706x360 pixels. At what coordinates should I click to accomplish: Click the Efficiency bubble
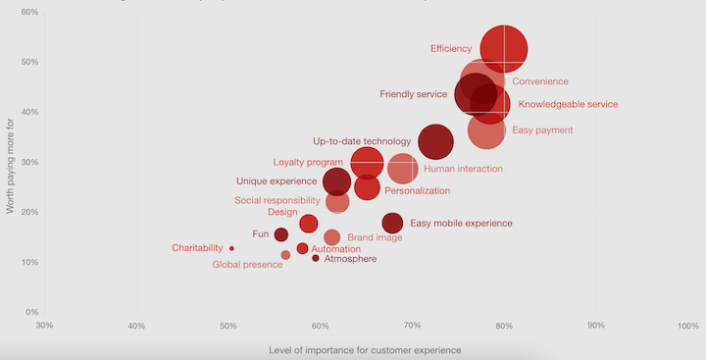click(504, 49)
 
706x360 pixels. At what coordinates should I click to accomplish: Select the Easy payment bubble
click(486, 129)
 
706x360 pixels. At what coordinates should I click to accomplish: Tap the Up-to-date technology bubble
click(435, 141)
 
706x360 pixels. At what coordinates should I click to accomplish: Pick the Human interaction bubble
click(402, 168)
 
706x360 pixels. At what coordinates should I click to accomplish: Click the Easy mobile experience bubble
click(392, 224)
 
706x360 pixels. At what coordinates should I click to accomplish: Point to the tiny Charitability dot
click(231, 248)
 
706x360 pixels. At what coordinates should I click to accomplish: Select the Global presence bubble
click(285, 255)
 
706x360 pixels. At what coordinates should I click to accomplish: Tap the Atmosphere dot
click(316, 258)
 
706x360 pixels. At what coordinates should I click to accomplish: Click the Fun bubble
click(280, 234)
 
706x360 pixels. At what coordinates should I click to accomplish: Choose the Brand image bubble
click(331, 237)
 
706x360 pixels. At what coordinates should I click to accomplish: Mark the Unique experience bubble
click(336, 181)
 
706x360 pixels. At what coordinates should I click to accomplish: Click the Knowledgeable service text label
click(568, 104)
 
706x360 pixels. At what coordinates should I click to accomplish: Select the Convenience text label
click(540, 81)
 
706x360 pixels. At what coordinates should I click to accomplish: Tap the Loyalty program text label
click(308, 162)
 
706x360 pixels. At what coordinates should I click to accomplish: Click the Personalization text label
click(417, 190)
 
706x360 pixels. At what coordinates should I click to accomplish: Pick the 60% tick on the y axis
click(28, 13)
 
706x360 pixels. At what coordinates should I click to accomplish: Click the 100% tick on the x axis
click(687, 325)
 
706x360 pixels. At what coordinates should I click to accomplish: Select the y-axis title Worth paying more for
click(10, 163)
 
